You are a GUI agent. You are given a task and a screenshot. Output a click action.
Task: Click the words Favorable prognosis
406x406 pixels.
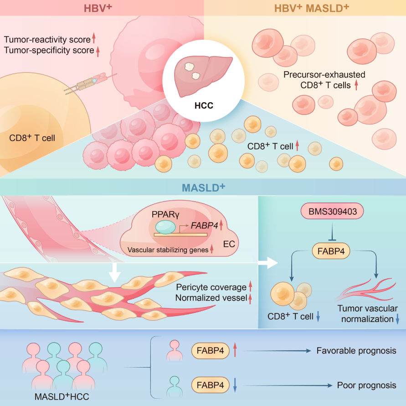(356, 351)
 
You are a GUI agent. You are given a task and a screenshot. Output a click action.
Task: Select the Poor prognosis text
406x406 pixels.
(366, 385)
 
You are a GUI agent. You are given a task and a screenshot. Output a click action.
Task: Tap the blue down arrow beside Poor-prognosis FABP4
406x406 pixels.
(235, 385)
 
